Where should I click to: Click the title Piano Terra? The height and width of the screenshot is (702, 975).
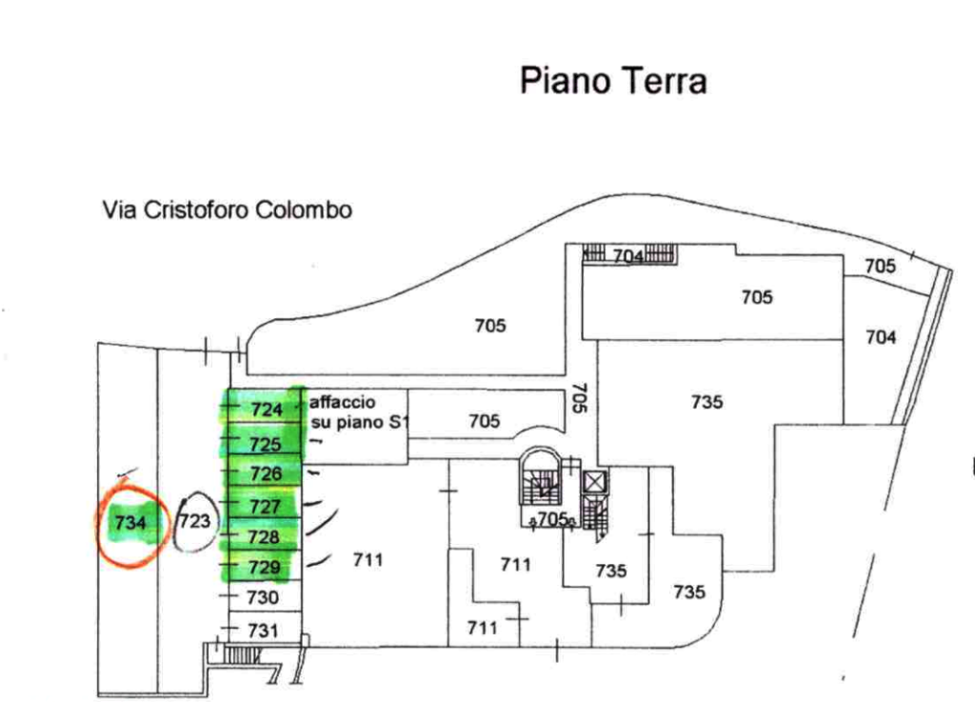(x=613, y=82)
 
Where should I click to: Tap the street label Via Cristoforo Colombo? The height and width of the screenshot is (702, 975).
(x=227, y=210)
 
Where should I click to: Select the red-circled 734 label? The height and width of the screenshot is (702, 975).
(x=129, y=522)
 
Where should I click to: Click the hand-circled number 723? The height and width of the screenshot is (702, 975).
(x=194, y=520)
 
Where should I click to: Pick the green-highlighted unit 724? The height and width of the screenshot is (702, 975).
(x=267, y=410)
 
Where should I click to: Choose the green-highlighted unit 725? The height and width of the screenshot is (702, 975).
(x=266, y=444)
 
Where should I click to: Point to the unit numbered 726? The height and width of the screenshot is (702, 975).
(x=267, y=473)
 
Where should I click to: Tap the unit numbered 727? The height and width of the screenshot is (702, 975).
(x=265, y=506)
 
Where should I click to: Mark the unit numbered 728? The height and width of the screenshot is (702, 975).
(x=264, y=536)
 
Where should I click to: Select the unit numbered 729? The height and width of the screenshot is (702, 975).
(x=265, y=567)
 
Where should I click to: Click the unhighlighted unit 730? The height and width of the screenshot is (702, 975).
(x=263, y=597)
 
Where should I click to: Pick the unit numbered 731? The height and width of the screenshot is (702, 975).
(x=263, y=631)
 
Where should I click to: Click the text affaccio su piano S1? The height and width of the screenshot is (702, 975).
(x=359, y=412)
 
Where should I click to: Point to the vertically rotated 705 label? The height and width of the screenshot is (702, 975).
(x=579, y=398)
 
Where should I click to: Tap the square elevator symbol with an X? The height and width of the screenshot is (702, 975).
(x=595, y=483)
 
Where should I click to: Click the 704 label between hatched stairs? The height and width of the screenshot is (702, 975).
(x=628, y=256)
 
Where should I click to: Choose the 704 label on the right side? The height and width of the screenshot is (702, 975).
(x=881, y=337)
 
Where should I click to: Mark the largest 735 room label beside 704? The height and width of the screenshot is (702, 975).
(x=707, y=402)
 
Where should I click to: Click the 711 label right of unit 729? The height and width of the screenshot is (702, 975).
(x=368, y=560)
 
